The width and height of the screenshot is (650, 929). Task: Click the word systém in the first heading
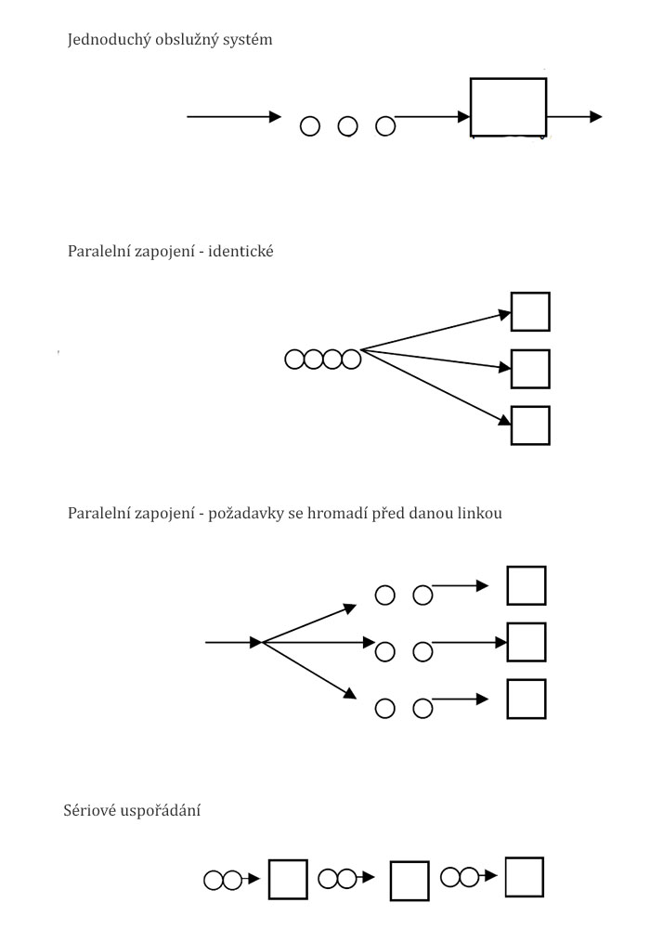coord(244,41)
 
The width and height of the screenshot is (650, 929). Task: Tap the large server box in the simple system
coord(508,108)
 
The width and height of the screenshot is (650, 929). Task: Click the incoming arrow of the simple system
coord(233,117)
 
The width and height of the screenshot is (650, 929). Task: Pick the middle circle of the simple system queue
coord(347,125)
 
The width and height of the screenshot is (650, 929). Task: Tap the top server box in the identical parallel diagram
coord(530,312)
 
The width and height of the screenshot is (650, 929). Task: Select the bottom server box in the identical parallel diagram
coord(530,425)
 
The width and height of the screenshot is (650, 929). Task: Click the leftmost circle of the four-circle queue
coord(294,359)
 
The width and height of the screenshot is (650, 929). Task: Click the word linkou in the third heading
coord(482,513)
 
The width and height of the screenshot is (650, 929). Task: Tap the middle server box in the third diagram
coord(526,642)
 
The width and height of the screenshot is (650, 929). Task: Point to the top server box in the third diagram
coord(526,585)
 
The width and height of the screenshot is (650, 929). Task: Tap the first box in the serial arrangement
coord(288,880)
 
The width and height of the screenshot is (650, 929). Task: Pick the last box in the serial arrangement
coord(524,877)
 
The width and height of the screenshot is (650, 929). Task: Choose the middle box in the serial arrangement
coord(409,881)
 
